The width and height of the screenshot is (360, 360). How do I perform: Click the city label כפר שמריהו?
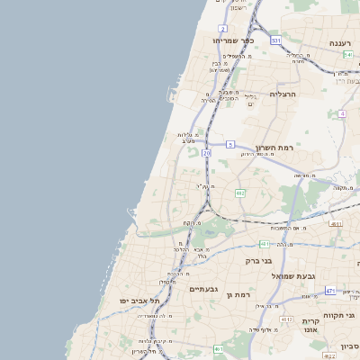click(x=236, y=40)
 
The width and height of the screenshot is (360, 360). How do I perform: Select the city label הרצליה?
click(x=283, y=94)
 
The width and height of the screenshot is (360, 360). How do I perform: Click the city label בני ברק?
click(x=258, y=260)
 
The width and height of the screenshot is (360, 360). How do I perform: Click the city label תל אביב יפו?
click(x=139, y=300)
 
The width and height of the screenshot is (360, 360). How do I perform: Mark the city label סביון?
click(x=349, y=346)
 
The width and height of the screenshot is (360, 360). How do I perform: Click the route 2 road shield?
click(x=220, y=29)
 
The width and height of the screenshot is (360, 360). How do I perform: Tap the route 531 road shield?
click(x=275, y=40)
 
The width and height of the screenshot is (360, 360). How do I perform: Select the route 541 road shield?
click(x=347, y=55)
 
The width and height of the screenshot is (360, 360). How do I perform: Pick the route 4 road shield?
click(x=342, y=114)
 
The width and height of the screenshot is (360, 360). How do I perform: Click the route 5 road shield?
click(x=230, y=144)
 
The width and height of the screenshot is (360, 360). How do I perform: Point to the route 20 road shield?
click(x=206, y=154)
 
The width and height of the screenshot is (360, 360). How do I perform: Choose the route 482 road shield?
click(x=240, y=193)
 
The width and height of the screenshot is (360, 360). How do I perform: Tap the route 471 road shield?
click(x=330, y=291)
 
